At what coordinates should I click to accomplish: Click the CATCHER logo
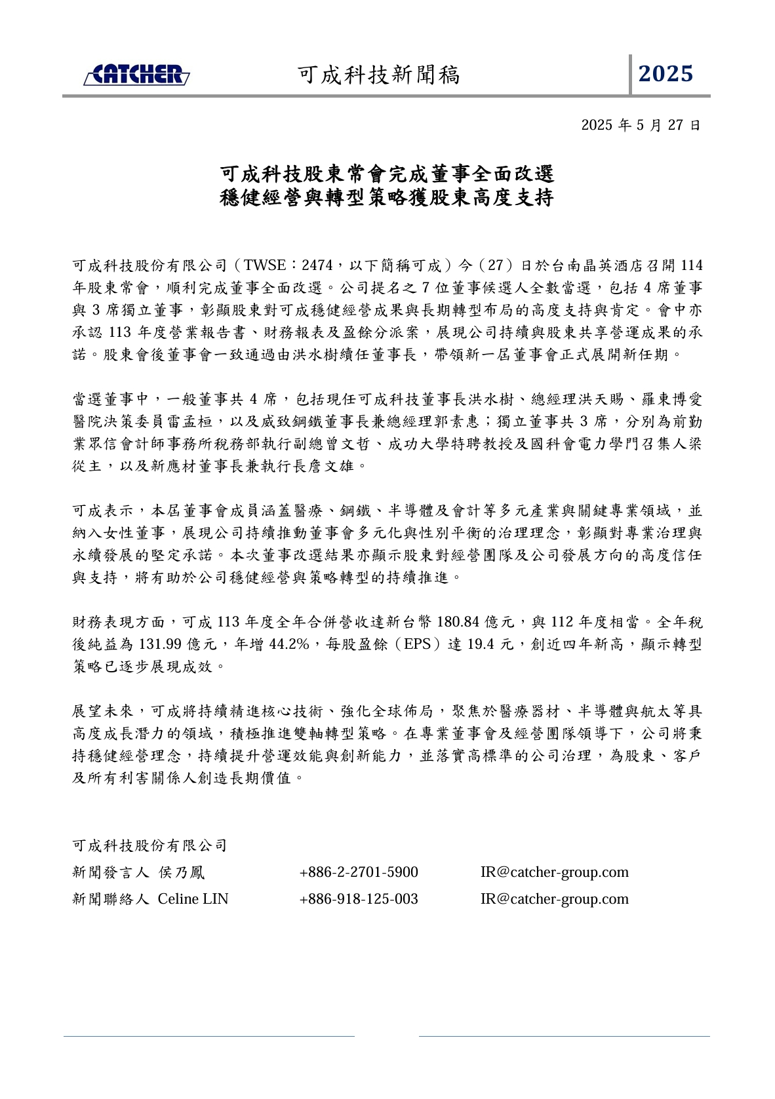coord(136,75)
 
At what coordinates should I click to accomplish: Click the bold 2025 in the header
coord(666,74)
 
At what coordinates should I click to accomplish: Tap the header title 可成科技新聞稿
coord(379,75)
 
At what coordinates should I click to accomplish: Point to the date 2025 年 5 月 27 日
coord(641,125)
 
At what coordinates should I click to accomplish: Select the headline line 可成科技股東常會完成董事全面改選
coord(387,174)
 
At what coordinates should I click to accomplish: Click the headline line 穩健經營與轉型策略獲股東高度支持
coord(387,197)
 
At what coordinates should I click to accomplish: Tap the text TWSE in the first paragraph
coord(265,265)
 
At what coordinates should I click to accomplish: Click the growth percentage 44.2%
coord(289,644)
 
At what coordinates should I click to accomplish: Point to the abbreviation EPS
coord(417,644)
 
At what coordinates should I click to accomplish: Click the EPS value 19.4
coord(481,644)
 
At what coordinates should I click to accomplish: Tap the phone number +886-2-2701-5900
coord(358,872)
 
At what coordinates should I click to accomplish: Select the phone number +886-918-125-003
coord(358,899)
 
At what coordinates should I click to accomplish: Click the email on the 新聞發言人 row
coord(554,872)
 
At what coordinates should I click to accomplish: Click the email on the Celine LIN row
coord(554,899)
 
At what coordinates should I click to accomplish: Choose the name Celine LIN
coord(193,899)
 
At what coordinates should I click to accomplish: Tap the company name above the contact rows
coord(149,845)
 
